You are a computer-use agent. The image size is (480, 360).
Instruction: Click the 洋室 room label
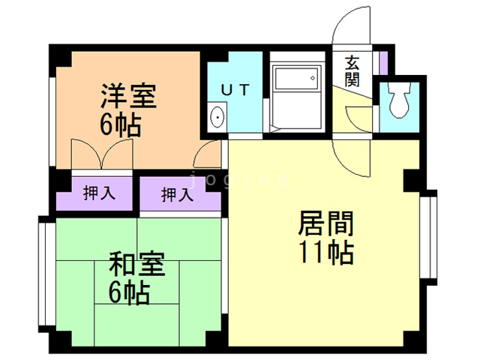pos(128,96)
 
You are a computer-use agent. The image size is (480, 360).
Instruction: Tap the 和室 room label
pos(137,264)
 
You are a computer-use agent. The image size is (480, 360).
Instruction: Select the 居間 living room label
pos(326,223)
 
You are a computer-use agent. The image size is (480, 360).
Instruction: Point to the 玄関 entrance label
pos(352,71)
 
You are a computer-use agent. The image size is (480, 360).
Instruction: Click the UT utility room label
pos(235,90)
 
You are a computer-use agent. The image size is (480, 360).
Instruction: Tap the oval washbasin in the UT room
pos(217,117)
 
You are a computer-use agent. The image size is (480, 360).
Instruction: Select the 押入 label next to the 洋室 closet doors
pos(99,193)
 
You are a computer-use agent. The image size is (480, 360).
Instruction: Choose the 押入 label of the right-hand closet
pos(178,195)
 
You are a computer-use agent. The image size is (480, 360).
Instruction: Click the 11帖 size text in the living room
pos(326,253)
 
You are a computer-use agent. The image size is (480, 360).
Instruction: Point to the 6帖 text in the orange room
pos(120,125)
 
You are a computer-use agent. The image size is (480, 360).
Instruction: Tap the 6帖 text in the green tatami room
pos(129,293)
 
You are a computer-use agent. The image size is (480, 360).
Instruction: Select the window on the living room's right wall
pos(428,237)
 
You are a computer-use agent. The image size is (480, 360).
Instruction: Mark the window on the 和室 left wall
pos(46,274)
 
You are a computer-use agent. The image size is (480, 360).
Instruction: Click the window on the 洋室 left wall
pos(52,121)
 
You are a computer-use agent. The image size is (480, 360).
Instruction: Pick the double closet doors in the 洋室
pos(102,154)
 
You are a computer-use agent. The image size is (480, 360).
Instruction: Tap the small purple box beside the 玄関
pos(383,63)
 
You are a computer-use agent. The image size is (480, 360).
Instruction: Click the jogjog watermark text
pos(239,181)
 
